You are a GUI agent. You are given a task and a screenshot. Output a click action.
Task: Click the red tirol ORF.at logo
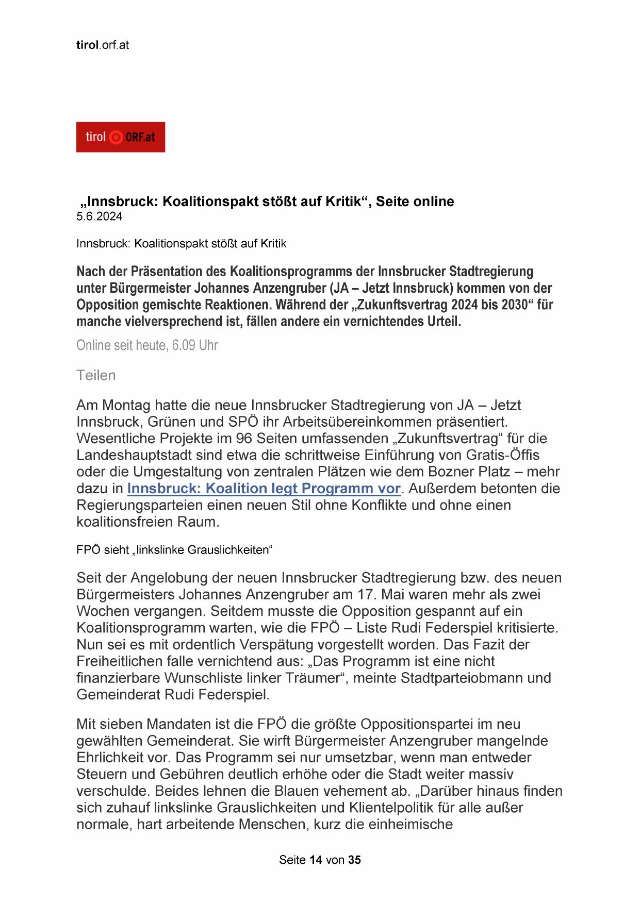(x=120, y=137)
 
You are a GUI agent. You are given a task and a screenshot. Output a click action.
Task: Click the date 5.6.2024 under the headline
(x=99, y=216)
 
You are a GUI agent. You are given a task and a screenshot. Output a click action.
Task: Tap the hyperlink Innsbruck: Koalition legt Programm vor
(x=264, y=488)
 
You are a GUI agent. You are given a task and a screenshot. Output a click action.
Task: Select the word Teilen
(x=96, y=375)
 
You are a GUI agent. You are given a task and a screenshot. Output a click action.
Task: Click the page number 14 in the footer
(x=316, y=860)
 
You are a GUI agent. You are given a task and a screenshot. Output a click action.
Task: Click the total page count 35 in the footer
(x=354, y=860)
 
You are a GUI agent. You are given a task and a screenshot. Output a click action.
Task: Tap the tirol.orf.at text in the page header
(x=102, y=45)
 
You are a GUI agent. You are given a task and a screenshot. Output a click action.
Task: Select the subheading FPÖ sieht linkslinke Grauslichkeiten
(x=174, y=550)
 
